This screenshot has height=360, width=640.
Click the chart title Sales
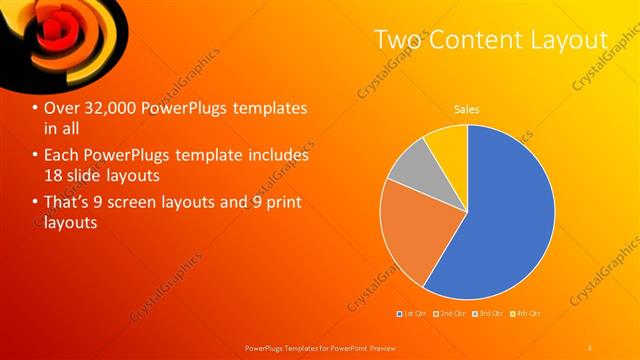point(466,108)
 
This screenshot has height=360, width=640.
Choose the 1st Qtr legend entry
point(413,315)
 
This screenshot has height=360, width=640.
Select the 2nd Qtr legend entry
point(450,315)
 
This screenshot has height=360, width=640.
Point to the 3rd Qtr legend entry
point(487,315)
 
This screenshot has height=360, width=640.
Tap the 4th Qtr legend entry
point(524,315)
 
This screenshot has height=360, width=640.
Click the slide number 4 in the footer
point(590,346)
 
